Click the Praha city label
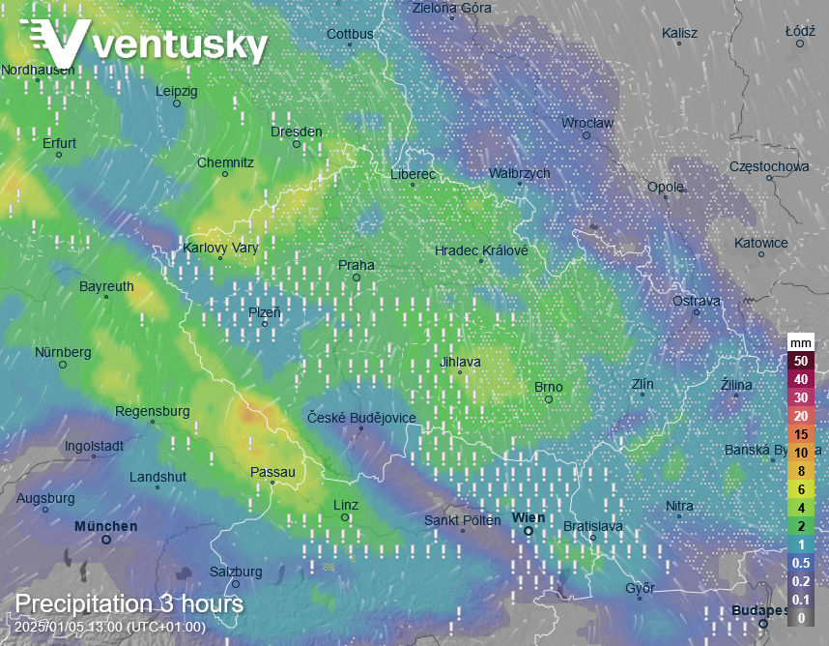coord(356,265)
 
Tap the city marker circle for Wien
coord(529,531)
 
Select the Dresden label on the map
coord(296,132)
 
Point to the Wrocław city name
coord(587,123)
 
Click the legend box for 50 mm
coord(800,361)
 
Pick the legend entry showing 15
coord(800,434)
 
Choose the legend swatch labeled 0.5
coord(800,563)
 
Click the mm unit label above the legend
coord(800,342)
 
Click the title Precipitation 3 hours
coord(129,604)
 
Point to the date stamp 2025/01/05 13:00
coord(109,627)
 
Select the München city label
coord(105,526)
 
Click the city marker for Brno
coord(548,398)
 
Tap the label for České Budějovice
coord(361,418)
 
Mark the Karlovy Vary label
coord(220,248)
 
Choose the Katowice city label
coord(760,243)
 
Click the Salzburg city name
coord(235,572)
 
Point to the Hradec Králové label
coord(481,250)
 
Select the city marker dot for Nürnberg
coord(63,365)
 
